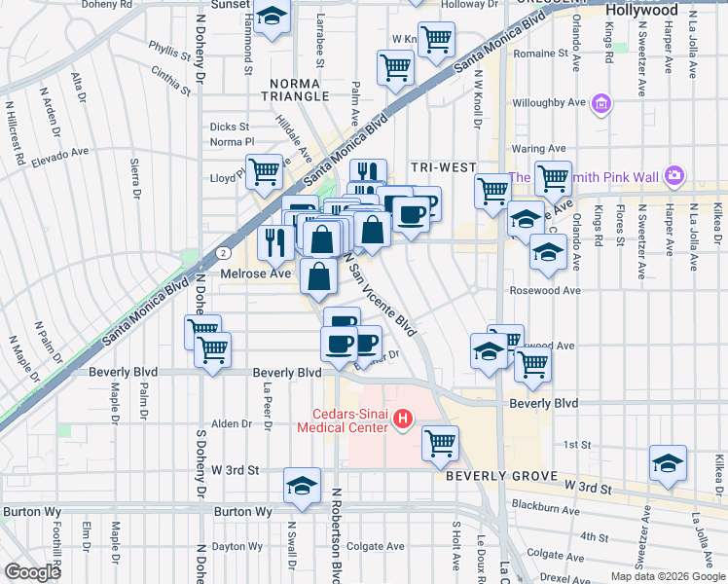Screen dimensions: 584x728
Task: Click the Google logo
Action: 32,572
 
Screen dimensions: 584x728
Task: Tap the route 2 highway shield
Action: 225,252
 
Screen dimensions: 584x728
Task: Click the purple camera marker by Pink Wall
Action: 674,177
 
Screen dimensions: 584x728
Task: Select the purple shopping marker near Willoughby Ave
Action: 601,102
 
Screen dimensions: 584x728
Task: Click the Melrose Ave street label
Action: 256,274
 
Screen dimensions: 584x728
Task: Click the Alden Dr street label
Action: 233,423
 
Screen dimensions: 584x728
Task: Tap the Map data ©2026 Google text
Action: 667,576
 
